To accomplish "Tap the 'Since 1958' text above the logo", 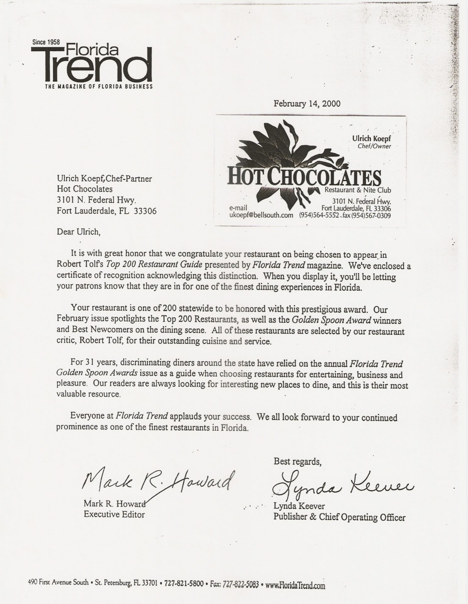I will pos(46,42).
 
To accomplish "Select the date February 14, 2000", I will pos(307,103).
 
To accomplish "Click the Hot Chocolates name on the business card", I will pos(304,178).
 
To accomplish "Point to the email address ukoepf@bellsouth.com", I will pos(262,215).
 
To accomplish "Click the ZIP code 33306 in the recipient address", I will pos(145,211).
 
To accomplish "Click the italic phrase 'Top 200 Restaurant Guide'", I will pos(154,265).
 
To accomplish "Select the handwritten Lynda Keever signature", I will pos(342,486).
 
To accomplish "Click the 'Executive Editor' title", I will pos(114,515).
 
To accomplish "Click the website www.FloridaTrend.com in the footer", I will pos(295,585).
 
